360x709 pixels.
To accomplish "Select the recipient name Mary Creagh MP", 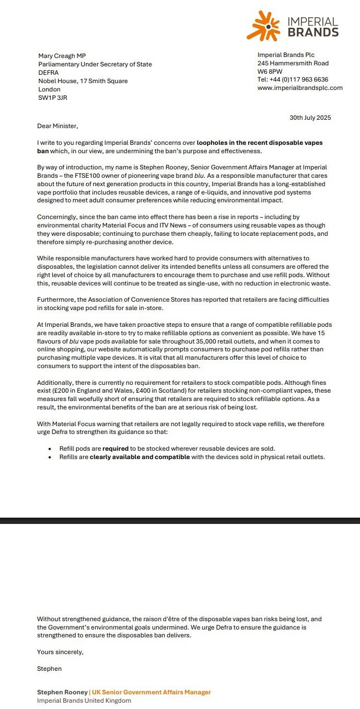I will tap(62, 56).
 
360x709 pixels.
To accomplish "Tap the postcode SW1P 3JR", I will tap(52, 98).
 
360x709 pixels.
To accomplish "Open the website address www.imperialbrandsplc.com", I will tap(300, 88).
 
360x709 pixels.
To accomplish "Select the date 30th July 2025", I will tap(310, 118).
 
